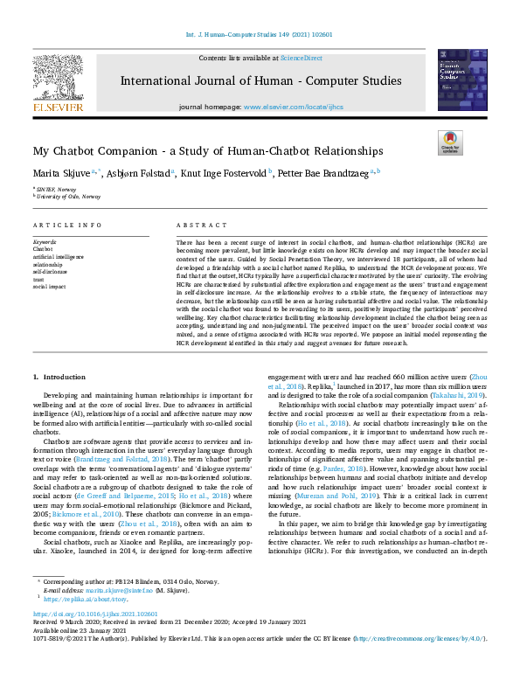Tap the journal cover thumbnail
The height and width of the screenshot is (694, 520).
click(461, 80)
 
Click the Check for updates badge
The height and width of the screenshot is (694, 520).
click(450, 143)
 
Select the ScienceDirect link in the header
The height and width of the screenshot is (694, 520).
click(301, 58)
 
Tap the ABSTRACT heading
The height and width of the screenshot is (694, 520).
click(196, 226)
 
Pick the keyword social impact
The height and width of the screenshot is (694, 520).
click(50, 286)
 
